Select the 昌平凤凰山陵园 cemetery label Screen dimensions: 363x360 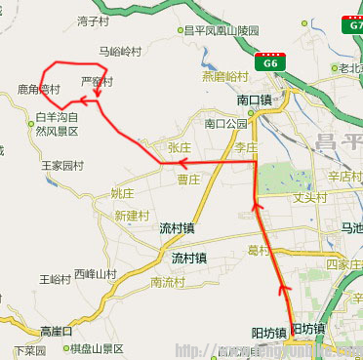(x=225, y=31)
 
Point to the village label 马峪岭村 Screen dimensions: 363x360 (x=120, y=51)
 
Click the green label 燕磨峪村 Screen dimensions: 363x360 (x=225, y=76)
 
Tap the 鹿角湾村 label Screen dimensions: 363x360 (x=39, y=90)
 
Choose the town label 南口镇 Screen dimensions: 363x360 (x=256, y=100)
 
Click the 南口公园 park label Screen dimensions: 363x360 (x=226, y=124)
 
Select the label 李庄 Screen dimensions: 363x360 (x=244, y=146)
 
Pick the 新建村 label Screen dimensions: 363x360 (x=132, y=215)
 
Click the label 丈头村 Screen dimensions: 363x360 (x=309, y=198)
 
